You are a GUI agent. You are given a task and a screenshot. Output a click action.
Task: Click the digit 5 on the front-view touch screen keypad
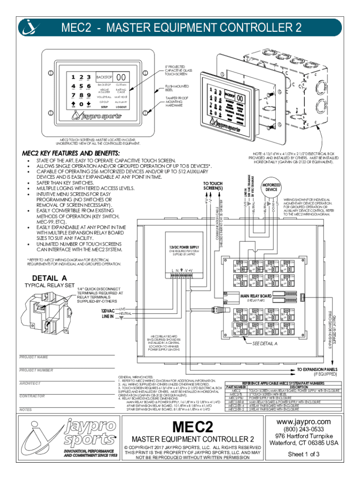[x=81, y=86]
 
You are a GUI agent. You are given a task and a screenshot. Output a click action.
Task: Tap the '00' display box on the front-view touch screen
[x=121, y=77]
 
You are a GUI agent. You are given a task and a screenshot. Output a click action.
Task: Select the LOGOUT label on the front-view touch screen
[x=121, y=107]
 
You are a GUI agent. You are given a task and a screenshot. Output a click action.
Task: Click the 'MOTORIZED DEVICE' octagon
[x=272, y=187]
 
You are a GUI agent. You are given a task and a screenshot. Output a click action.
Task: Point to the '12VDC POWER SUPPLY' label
[x=184, y=247]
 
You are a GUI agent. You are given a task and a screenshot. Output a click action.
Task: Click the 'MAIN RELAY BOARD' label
[x=256, y=296]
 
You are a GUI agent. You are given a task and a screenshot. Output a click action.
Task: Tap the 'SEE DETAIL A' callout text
[x=265, y=343]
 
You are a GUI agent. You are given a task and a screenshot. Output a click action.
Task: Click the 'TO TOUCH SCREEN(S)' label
[x=213, y=186]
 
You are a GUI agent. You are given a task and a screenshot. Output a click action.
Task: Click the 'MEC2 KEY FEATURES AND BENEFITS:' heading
[x=71, y=153]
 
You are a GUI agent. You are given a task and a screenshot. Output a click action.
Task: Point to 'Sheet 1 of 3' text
[x=304, y=454]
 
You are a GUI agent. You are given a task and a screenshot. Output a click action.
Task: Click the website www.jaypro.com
[x=304, y=422]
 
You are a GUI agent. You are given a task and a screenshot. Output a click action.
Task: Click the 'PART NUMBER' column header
[x=236, y=387]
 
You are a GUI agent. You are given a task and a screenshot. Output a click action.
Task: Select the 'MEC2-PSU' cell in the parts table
[x=236, y=398]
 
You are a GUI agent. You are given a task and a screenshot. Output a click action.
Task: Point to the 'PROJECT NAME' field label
[x=34, y=357]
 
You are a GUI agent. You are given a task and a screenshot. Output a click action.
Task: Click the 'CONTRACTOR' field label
[x=32, y=396]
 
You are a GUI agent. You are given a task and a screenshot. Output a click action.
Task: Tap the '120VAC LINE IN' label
[x=108, y=313]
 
